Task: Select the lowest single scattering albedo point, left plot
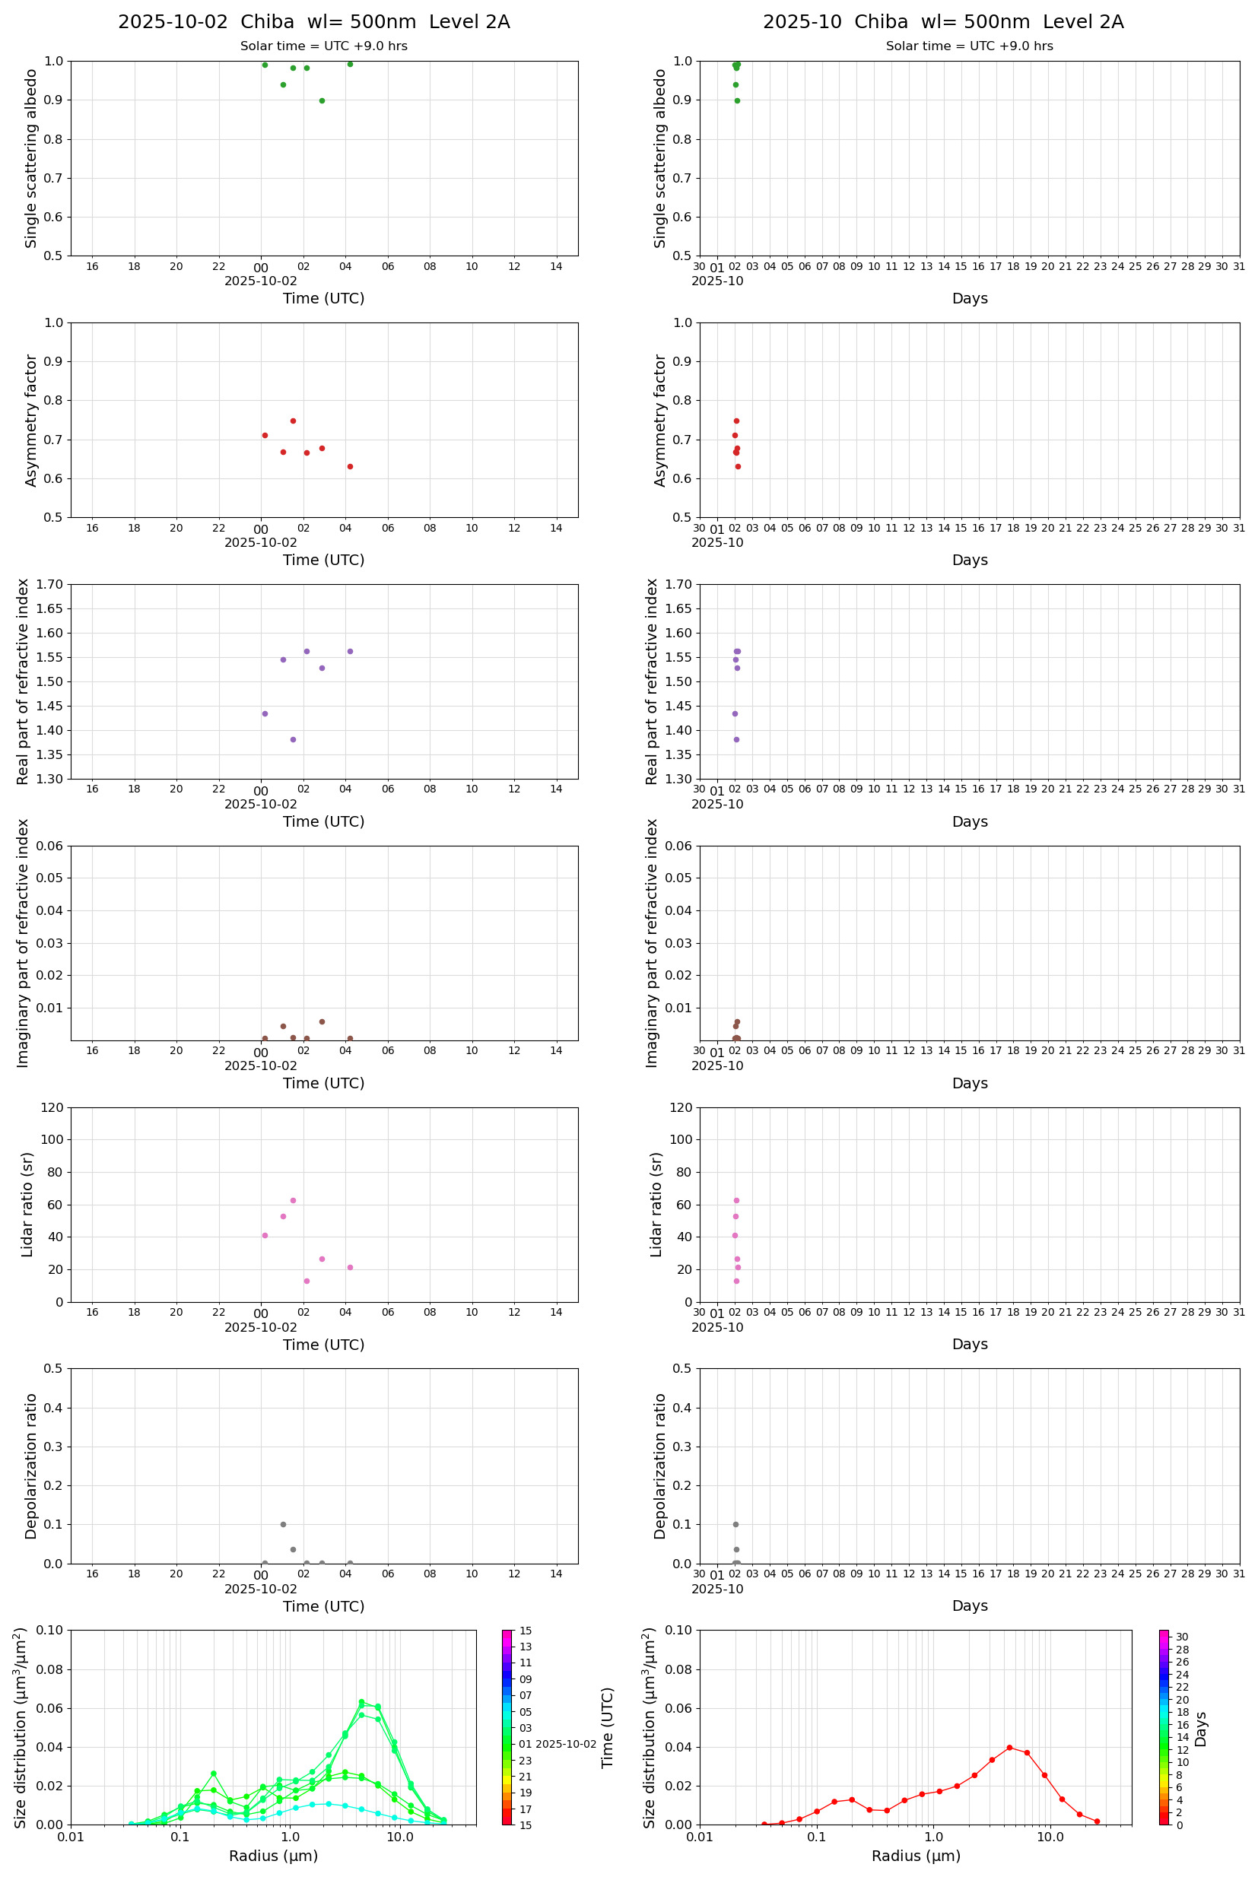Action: (x=322, y=100)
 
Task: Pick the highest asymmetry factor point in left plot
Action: (x=293, y=421)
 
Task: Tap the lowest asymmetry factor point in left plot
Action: (x=350, y=466)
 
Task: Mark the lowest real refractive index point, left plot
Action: (x=293, y=738)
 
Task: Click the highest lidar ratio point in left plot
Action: (x=293, y=1200)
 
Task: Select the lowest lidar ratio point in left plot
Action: (x=307, y=1281)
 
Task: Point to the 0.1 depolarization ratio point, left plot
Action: (x=282, y=1524)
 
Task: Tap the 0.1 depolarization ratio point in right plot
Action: (x=735, y=1524)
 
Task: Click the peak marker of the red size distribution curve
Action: (x=1009, y=1747)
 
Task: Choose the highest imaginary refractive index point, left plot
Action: (x=322, y=1021)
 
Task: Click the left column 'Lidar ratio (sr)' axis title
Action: (x=27, y=1205)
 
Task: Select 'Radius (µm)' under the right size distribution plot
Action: (x=916, y=1856)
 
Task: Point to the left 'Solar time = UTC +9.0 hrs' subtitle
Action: (x=323, y=46)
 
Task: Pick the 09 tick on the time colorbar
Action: (x=526, y=1679)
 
